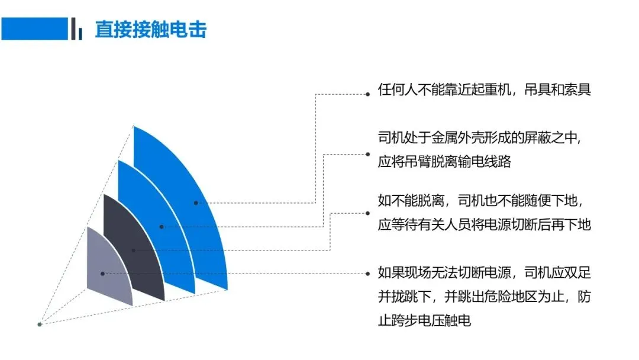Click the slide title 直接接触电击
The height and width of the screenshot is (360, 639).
151,30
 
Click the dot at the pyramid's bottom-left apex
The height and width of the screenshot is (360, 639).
40,324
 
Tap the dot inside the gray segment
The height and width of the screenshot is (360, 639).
103,274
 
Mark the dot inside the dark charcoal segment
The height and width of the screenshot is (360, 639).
133,250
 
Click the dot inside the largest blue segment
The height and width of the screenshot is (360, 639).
196,202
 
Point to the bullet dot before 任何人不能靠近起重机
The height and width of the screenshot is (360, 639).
367,94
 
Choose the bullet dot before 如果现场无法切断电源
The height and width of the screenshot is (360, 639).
367,274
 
